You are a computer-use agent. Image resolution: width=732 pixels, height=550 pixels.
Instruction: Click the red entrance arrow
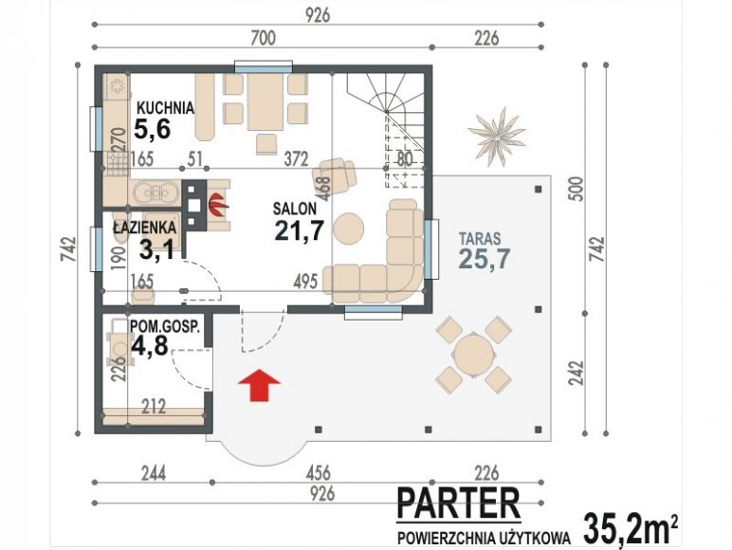point(259,385)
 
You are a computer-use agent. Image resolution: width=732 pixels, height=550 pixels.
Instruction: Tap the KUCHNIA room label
point(165,108)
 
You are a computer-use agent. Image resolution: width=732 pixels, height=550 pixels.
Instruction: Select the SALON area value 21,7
point(300,229)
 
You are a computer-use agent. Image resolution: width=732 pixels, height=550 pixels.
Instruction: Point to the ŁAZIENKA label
point(145,228)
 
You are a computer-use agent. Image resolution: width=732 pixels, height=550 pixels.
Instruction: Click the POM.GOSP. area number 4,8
point(150,345)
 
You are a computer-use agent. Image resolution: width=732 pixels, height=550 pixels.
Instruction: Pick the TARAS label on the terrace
point(480,239)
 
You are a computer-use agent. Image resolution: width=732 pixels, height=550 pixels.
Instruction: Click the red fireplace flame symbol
point(217,205)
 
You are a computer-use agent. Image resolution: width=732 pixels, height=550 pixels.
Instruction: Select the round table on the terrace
point(473,355)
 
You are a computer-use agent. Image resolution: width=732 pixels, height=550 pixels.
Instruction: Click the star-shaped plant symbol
point(497,137)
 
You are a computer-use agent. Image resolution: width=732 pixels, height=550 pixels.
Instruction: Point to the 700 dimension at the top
point(263,38)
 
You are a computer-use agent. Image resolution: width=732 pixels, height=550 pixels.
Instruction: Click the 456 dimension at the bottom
point(318,473)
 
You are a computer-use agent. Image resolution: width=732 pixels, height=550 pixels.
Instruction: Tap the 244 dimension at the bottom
point(154,473)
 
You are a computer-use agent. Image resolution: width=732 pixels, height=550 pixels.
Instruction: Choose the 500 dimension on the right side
point(577,189)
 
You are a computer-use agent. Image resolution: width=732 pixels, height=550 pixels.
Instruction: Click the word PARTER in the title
point(458,503)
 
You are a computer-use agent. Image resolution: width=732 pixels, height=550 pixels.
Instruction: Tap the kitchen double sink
point(156,192)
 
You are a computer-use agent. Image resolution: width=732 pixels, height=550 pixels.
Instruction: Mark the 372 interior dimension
point(297,159)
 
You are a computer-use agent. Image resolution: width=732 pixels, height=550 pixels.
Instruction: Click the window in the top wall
point(264,66)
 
